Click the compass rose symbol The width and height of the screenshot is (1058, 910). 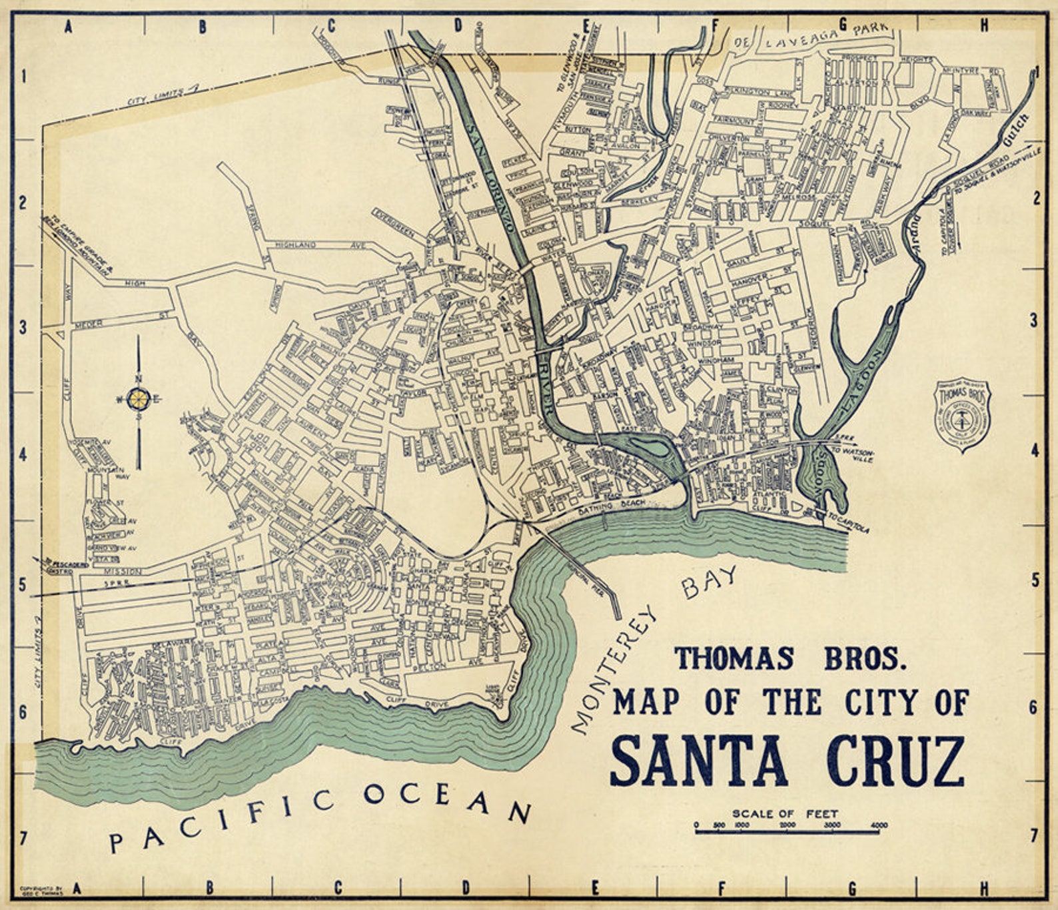coord(139,399)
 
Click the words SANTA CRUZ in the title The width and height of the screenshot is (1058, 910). coord(786,761)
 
